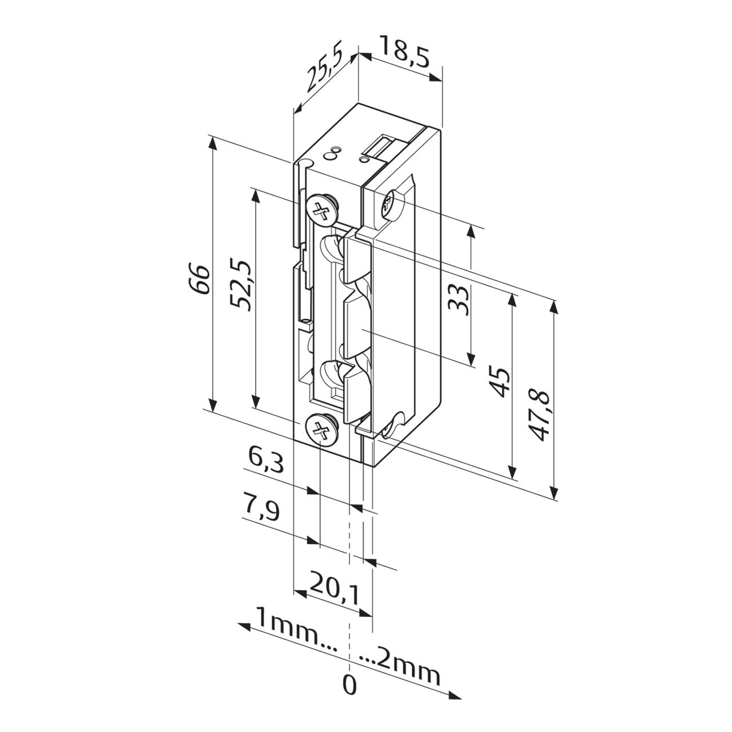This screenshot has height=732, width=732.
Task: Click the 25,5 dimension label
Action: (x=324, y=70)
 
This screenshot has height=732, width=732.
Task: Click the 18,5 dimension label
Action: (x=404, y=52)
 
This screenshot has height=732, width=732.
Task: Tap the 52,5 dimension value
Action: (x=241, y=285)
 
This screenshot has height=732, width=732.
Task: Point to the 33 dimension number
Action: (x=459, y=300)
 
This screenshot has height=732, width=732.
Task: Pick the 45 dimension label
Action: (x=499, y=383)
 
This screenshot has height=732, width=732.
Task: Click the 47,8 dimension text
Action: (x=539, y=415)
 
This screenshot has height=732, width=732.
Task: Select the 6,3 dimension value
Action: (x=266, y=460)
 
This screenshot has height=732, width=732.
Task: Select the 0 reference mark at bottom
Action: (x=349, y=685)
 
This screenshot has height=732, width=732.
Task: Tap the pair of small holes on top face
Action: (x=332, y=153)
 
